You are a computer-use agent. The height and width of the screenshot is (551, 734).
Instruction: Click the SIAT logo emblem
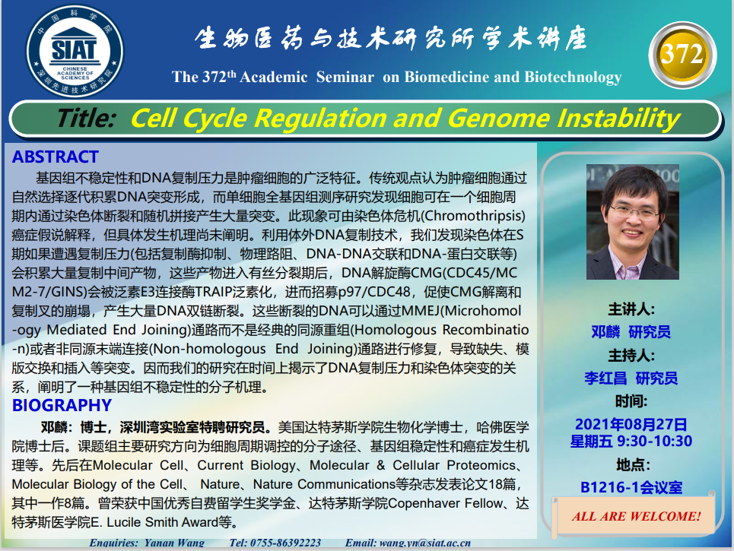point(75,51)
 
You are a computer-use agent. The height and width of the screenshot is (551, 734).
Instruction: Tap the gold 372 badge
point(682,55)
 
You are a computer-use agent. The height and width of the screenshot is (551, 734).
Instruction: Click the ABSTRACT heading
point(56,157)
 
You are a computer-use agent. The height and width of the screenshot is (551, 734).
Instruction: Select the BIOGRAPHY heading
point(62,405)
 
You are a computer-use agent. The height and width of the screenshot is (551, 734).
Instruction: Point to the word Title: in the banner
point(86,118)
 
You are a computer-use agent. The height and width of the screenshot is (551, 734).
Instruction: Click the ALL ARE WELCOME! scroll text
point(636,516)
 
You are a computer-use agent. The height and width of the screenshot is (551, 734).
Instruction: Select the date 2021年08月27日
point(631,424)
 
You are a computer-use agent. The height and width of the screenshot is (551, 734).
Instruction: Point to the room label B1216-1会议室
point(631,487)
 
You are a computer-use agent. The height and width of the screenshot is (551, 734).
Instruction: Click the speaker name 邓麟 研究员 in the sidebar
point(631,331)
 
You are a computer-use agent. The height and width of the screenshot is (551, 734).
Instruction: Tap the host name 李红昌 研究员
point(631,378)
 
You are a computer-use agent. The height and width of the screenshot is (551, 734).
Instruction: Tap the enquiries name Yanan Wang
point(174,543)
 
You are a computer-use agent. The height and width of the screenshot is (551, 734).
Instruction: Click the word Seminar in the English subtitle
point(345,77)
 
